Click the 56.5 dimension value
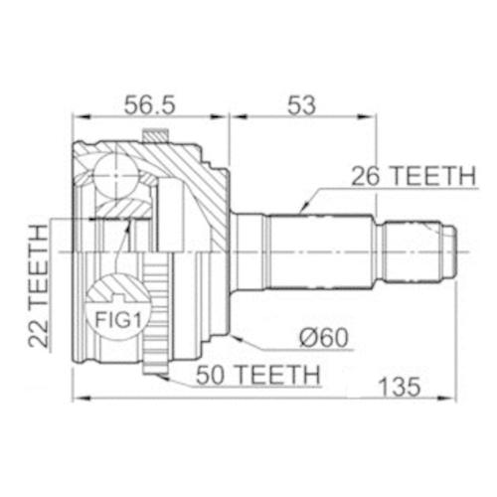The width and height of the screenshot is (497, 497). [x=149, y=105]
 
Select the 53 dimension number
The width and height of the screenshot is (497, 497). [x=301, y=105]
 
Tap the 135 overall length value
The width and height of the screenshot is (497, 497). [x=400, y=387]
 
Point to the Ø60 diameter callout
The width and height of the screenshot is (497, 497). [x=324, y=338]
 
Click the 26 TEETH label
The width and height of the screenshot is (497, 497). [x=414, y=176]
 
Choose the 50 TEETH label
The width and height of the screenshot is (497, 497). [x=258, y=375]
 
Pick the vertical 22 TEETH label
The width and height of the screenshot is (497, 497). [x=38, y=285]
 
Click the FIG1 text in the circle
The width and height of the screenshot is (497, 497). [x=118, y=320]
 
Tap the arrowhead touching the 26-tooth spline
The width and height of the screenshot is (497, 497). [x=303, y=207]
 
